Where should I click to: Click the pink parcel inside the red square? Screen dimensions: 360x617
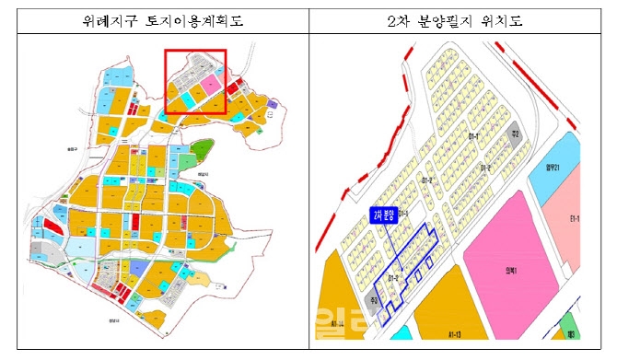coord(211,86)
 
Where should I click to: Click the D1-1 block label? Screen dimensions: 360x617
coord(475,136)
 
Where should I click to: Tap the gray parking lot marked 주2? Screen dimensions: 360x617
coord(518,134)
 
